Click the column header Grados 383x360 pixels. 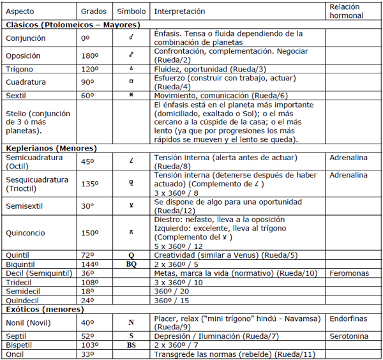[94, 11]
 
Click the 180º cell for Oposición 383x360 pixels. [90, 56]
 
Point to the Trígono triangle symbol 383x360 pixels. [131, 68]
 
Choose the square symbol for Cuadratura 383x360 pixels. [131, 82]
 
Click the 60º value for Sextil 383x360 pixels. [87, 94]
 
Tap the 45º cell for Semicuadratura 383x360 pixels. [87, 161]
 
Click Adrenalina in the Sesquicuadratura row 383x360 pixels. [349, 175]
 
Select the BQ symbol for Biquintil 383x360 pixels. [131, 264]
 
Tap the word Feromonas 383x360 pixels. [349, 273]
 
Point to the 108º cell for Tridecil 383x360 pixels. [90, 282]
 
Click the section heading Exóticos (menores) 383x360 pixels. [44, 309]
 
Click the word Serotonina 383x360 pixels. [349, 336]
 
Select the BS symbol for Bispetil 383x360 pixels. [131, 345]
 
